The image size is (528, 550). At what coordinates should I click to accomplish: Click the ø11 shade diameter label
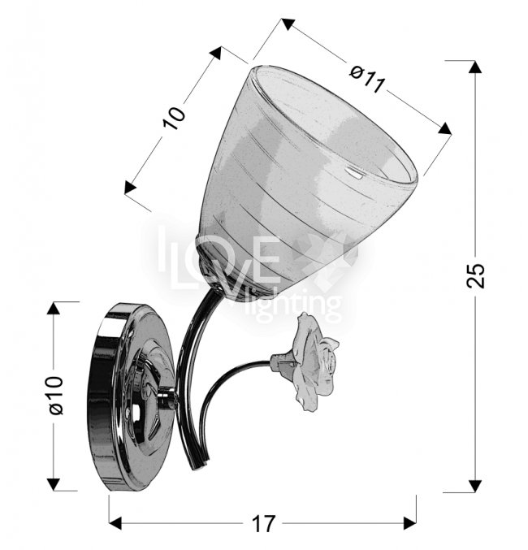pos(368,80)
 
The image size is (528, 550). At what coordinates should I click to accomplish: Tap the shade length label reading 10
pos(174,118)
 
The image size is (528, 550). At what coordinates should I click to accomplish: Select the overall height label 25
pos(476,275)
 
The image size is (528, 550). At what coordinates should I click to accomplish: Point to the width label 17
pos(263,524)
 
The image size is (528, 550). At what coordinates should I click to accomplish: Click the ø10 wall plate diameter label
pos(56,395)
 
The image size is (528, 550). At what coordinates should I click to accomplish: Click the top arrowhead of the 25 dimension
pos(475,67)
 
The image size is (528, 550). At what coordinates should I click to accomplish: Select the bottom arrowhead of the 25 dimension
pos(475,486)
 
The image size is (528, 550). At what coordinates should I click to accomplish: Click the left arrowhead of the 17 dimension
pos(115,522)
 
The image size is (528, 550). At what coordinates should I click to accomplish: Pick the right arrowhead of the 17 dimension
pos(409,523)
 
